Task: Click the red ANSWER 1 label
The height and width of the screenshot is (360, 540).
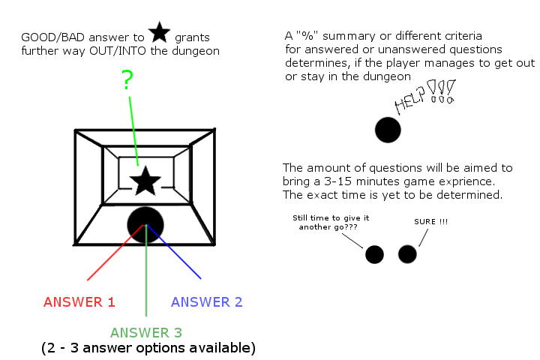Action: coord(79,302)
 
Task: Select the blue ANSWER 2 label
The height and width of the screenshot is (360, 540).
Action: coord(206,302)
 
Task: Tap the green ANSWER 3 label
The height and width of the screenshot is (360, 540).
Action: coord(146,332)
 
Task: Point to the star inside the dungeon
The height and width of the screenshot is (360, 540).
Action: coord(145,181)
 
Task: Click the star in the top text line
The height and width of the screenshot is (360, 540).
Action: coord(158,32)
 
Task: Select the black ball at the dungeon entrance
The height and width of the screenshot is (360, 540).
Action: coord(145,223)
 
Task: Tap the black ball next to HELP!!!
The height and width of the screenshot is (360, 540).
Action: coord(388,130)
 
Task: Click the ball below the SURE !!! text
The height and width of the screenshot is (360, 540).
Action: coord(407,254)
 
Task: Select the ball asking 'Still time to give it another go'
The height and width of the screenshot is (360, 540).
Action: coord(374,254)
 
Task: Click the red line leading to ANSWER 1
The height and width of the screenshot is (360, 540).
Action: coord(112,253)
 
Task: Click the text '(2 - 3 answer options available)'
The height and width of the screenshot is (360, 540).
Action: coord(148,348)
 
